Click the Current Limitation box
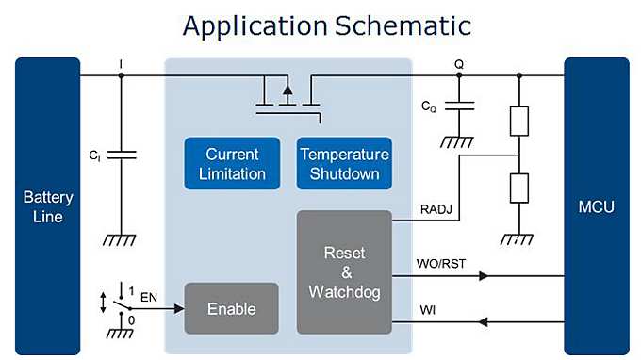[x=236, y=163]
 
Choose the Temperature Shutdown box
[x=344, y=163]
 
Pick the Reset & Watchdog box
[x=343, y=272]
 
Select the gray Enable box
[x=231, y=308]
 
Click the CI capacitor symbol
[x=122, y=155]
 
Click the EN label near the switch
[x=149, y=298]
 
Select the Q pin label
[x=459, y=64]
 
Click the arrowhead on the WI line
[x=483, y=322]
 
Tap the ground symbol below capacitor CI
[x=120, y=239]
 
